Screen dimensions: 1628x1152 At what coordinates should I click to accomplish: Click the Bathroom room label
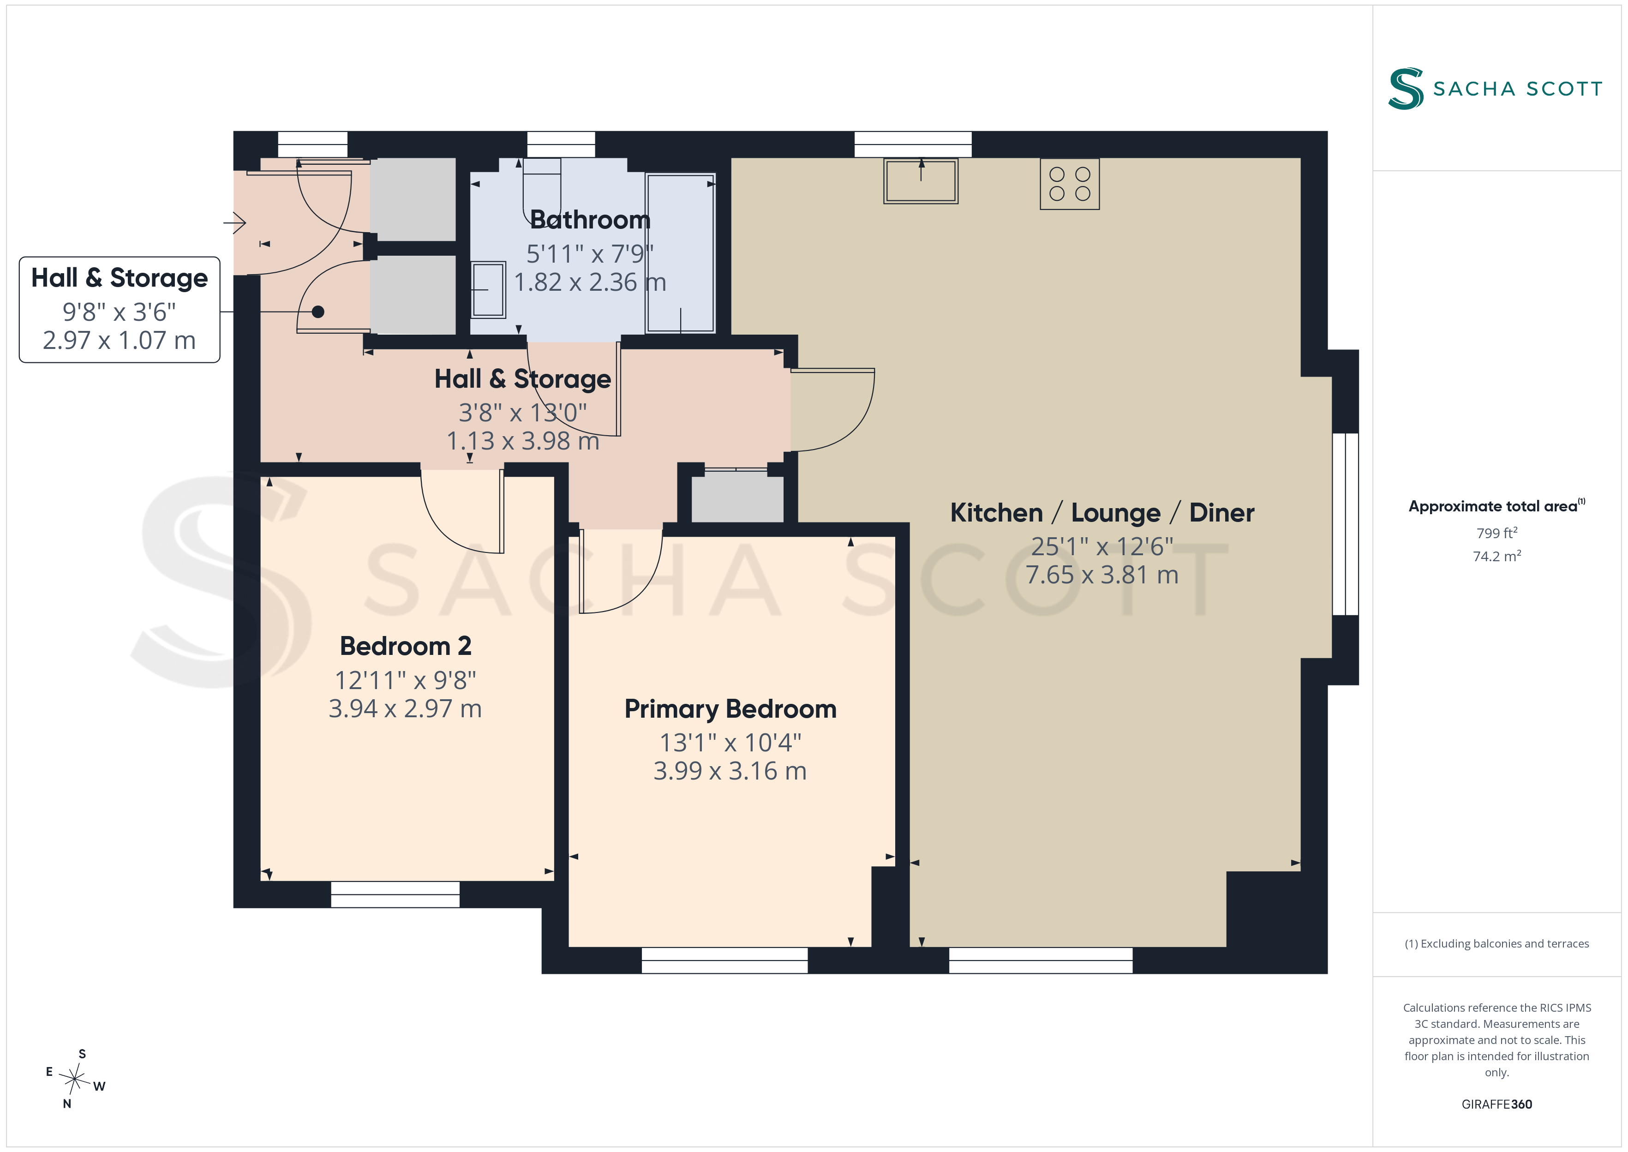(x=590, y=220)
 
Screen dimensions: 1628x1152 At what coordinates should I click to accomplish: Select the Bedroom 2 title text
(x=406, y=646)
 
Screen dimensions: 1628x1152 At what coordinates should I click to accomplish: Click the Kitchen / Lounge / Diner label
(x=1102, y=513)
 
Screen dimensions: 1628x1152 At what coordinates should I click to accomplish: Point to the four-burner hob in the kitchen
(x=1069, y=184)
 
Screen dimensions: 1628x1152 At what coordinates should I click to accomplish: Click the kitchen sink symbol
(x=920, y=181)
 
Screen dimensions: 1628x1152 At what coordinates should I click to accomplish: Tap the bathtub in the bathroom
(x=680, y=253)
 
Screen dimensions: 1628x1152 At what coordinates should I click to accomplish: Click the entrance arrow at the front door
(x=235, y=223)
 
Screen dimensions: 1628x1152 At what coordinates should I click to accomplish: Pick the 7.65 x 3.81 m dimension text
(x=1102, y=575)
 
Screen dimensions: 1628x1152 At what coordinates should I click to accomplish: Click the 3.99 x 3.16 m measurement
(x=730, y=771)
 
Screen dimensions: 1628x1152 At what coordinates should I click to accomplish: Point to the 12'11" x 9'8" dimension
(x=406, y=680)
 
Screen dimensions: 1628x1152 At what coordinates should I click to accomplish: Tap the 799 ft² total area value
(x=1497, y=533)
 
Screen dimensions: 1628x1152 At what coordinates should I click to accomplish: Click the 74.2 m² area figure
(x=1497, y=556)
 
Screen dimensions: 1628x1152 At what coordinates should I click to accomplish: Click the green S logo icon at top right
(x=1406, y=89)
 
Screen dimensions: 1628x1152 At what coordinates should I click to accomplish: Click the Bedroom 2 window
(x=395, y=894)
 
